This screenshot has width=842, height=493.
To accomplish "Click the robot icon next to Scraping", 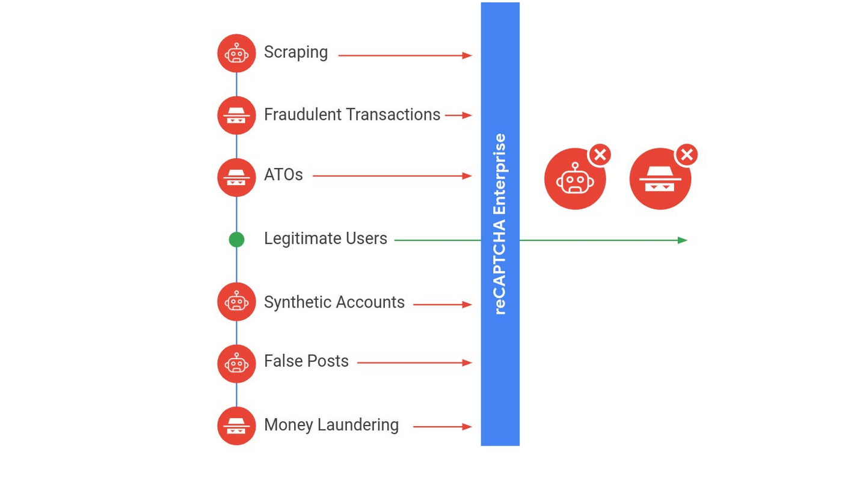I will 236,54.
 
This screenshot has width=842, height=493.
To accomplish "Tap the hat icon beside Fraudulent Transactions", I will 236,116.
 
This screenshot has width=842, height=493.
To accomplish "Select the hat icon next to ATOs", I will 236,178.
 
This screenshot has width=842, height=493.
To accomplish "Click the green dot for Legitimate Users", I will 236,240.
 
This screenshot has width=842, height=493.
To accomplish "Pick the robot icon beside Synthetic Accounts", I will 236,302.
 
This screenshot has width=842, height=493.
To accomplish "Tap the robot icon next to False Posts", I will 236,364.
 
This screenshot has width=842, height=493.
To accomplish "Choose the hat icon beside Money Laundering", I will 236,426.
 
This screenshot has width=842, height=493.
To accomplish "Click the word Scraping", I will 296,52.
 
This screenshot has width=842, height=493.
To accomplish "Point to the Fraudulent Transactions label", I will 352,114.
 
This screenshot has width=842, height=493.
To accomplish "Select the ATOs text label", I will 283,175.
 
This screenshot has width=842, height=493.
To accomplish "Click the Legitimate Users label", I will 325,238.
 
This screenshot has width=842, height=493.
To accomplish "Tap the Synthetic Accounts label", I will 334,302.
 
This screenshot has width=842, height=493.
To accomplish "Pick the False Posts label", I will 306,361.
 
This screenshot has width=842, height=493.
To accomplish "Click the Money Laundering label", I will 331,425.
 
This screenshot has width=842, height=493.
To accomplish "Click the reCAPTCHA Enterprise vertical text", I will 500,224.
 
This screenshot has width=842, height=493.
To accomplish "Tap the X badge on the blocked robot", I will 600,155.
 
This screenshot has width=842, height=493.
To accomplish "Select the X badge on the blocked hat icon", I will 686,155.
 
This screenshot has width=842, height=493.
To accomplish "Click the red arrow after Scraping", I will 405,55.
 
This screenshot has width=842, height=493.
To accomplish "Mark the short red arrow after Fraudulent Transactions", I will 458,115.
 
